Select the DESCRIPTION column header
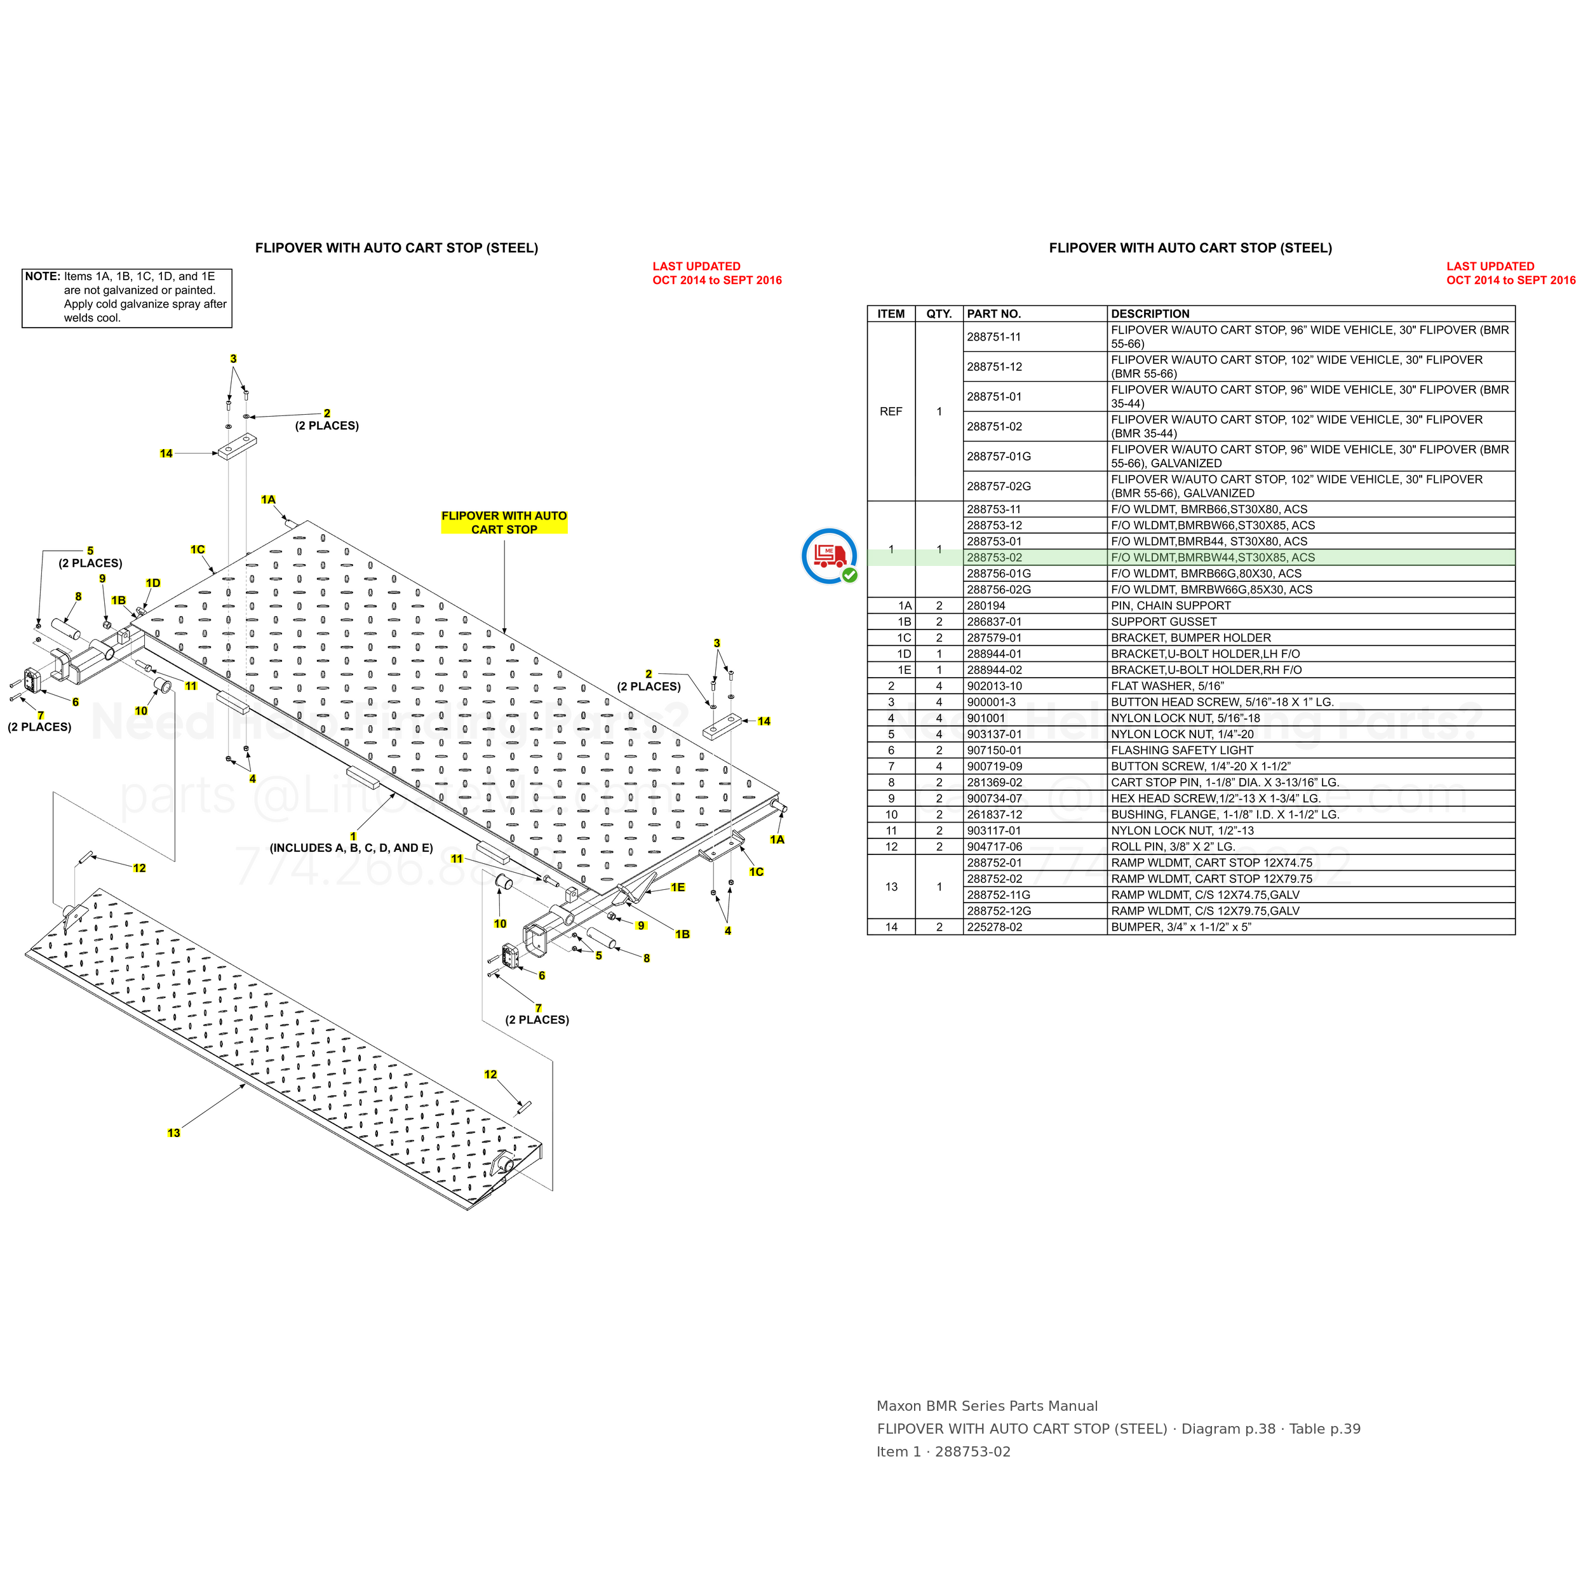click(x=1150, y=314)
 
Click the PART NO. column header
click(x=993, y=314)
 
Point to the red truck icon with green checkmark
click(x=830, y=556)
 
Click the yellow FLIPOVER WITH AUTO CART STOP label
click(x=504, y=523)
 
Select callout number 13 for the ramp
click(x=173, y=1133)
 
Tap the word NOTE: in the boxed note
click(x=43, y=276)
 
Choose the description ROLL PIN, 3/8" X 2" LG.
click(x=1173, y=847)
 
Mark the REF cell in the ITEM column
click(x=891, y=412)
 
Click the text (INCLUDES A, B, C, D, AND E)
click(x=351, y=848)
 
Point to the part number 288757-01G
click(x=999, y=456)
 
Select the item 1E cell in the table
click(x=904, y=670)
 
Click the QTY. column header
click(x=939, y=314)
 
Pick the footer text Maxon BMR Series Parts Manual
click(x=987, y=1406)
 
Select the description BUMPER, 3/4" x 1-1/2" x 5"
click(x=1181, y=927)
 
